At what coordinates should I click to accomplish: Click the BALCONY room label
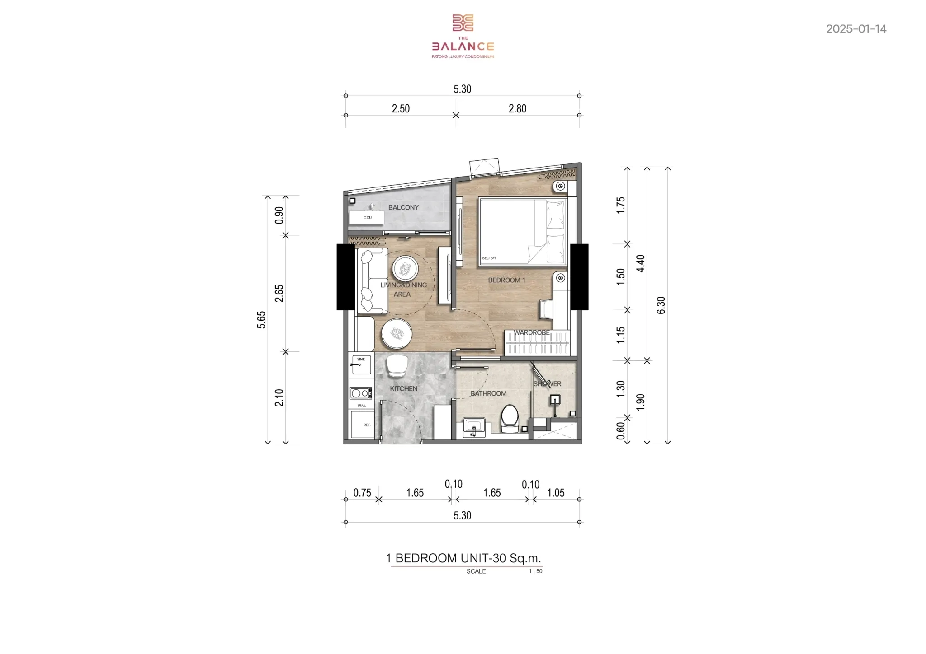click(403, 207)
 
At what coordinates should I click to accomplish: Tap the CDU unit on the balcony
click(367, 217)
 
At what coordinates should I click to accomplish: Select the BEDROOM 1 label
click(506, 280)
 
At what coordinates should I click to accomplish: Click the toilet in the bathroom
click(510, 418)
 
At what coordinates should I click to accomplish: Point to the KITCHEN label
click(403, 388)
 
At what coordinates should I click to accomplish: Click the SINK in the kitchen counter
click(361, 364)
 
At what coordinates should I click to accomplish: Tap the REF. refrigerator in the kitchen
click(363, 425)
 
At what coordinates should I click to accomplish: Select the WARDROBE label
click(532, 332)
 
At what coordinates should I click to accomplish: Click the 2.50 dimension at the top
click(401, 108)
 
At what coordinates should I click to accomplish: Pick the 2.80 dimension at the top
click(517, 108)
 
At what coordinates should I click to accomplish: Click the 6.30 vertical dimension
click(661, 305)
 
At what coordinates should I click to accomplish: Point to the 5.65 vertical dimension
click(261, 320)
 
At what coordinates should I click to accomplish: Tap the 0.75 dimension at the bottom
click(362, 493)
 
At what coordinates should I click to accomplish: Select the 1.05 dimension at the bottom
click(556, 493)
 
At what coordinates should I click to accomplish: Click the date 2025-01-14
click(856, 29)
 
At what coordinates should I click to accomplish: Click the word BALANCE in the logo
click(463, 47)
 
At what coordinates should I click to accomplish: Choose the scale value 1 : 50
click(535, 571)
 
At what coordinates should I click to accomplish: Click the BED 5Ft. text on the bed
click(489, 258)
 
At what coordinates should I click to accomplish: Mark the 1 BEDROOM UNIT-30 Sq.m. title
click(463, 558)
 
